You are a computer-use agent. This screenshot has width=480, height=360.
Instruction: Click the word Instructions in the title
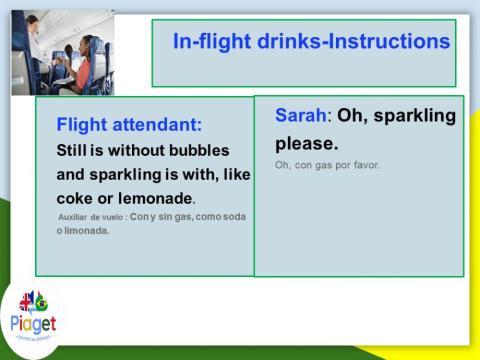pyautogui.click(x=386, y=42)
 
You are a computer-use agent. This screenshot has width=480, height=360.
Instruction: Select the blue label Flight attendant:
pyautogui.click(x=129, y=125)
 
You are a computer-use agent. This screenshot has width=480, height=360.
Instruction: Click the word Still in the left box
pyautogui.click(x=75, y=150)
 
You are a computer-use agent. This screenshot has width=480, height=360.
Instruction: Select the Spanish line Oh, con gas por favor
pyautogui.click(x=327, y=164)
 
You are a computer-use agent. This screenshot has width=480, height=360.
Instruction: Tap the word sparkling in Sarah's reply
pyautogui.click(x=410, y=116)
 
